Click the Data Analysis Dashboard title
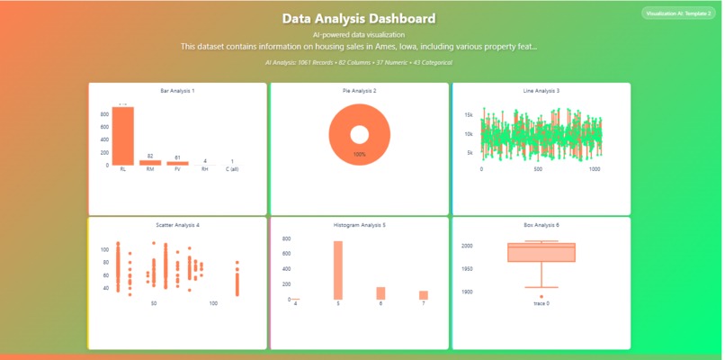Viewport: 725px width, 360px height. point(359,19)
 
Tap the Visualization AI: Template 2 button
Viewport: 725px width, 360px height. point(678,13)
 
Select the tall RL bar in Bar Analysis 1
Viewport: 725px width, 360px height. point(122,136)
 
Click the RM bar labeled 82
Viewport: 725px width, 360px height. point(150,163)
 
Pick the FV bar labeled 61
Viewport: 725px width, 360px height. point(177,164)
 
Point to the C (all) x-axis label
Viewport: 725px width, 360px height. point(232,169)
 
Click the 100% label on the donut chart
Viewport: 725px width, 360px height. point(359,155)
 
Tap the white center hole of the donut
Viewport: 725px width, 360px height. point(359,135)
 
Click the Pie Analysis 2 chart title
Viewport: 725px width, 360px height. point(359,91)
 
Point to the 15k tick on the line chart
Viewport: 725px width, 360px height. point(469,115)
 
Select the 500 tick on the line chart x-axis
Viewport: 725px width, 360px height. point(538,169)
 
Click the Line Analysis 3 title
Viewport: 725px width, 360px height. point(541,91)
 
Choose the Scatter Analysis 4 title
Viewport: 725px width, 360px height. point(177,225)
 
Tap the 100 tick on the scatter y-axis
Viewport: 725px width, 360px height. point(104,246)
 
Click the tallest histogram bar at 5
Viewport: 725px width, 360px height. point(338,270)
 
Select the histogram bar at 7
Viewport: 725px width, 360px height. point(423,295)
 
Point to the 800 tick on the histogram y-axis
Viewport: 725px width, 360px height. point(286,239)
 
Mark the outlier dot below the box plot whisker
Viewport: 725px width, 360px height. point(541,297)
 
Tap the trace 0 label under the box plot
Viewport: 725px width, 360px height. point(541,304)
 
